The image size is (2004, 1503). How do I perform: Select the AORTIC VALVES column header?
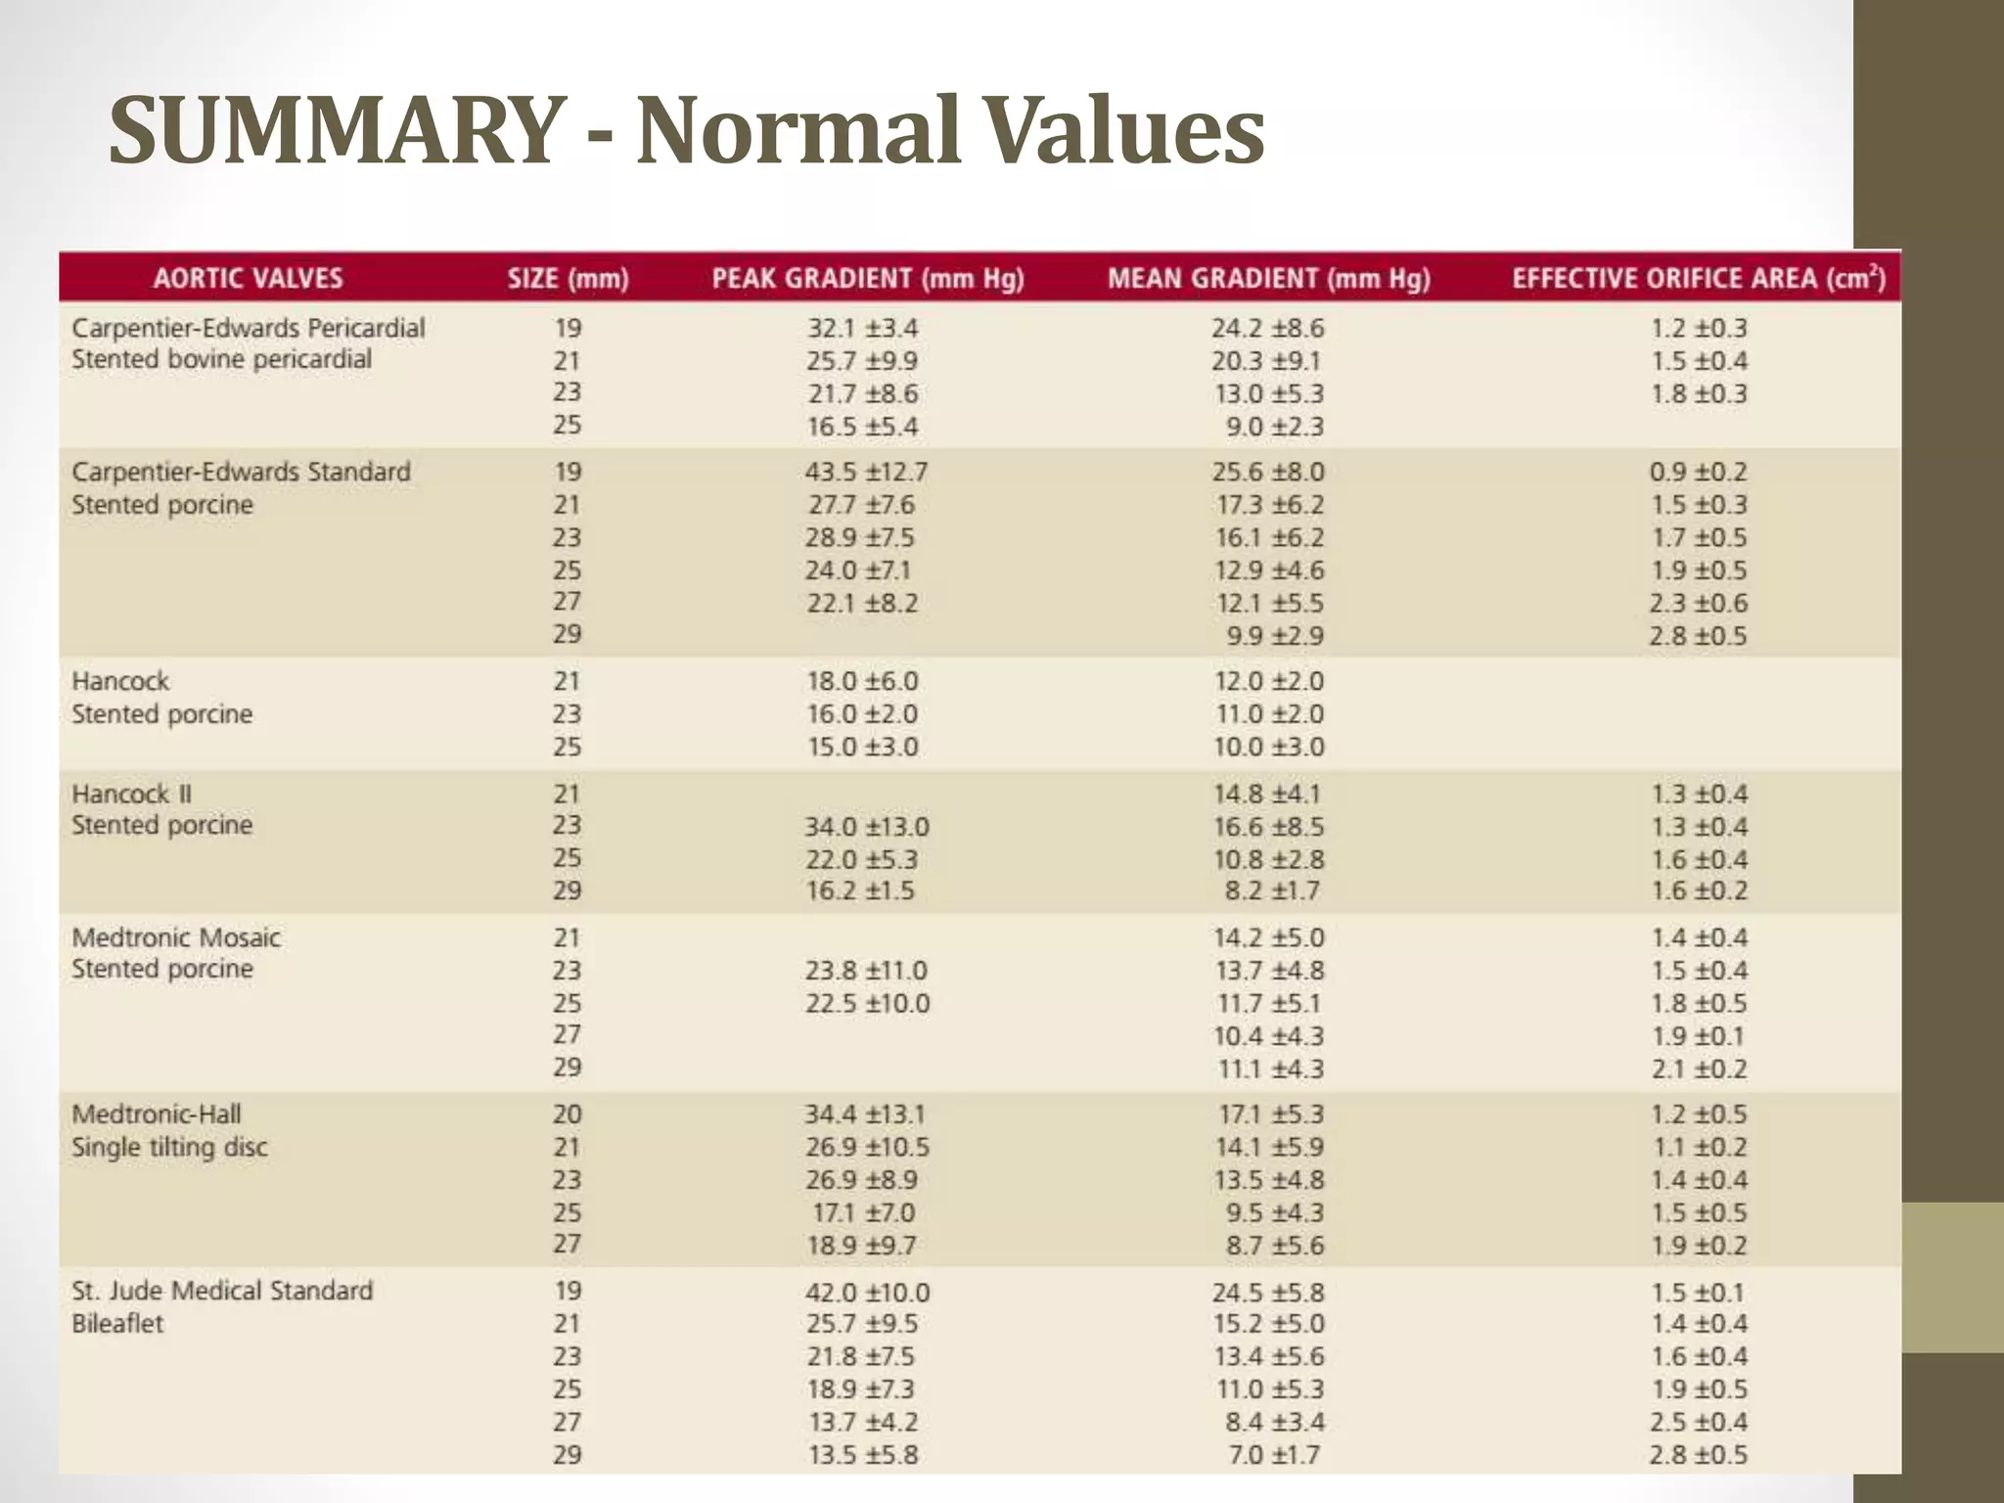tap(248, 279)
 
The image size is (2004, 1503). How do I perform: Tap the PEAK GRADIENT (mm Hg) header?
tap(867, 279)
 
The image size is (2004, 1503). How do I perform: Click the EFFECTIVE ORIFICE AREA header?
tap(1698, 279)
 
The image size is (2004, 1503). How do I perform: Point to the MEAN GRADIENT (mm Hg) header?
tap(1268, 279)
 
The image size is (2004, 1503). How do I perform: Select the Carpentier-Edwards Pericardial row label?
tap(248, 328)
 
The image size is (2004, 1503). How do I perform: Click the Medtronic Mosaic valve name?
tap(176, 937)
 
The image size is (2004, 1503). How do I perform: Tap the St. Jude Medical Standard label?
tap(222, 1291)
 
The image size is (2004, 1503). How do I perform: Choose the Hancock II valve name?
tap(131, 794)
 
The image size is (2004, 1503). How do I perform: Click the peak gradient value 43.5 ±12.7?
tap(866, 472)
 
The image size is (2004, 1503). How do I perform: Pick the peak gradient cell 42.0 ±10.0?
tap(867, 1292)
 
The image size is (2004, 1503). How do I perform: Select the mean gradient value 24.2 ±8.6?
tap(1267, 328)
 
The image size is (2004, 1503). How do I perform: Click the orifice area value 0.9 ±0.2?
tap(1698, 472)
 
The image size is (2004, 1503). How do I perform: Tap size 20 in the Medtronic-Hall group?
tap(568, 1114)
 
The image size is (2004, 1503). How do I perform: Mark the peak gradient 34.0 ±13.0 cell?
tap(867, 827)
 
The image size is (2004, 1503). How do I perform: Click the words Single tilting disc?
tap(169, 1147)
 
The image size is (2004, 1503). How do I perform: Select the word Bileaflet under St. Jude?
tap(117, 1324)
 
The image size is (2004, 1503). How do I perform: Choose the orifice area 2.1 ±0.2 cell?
tap(1699, 1069)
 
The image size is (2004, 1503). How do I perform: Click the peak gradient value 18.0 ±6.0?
tap(862, 681)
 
